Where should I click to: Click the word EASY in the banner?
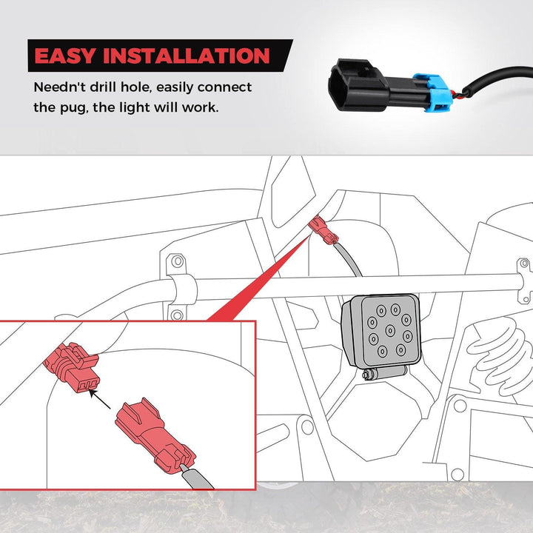(x=64, y=56)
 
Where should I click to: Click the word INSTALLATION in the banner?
(x=187, y=56)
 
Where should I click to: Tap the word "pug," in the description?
(x=74, y=108)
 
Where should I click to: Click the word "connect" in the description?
(x=224, y=87)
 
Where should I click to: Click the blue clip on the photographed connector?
(x=430, y=93)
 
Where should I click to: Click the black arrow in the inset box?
(x=100, y=399)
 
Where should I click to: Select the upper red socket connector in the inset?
(x=72, y=368)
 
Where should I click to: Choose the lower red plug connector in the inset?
(x=154, y=437)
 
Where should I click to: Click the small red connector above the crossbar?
(x=323, y=229)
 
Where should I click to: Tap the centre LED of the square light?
(x=390, y=330)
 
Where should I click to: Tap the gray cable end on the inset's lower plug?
(x=196, y=477)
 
